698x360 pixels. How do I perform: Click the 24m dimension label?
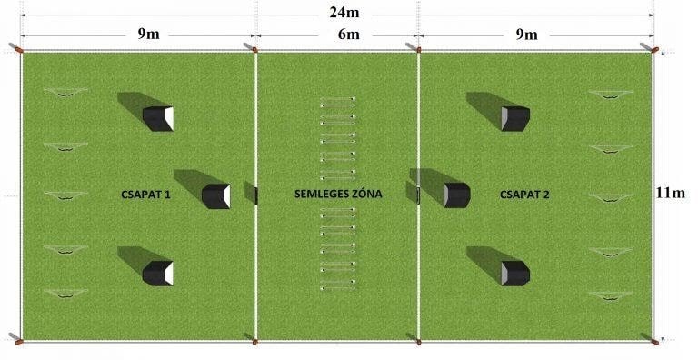[344, 13]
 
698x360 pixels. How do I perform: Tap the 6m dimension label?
[349, 35]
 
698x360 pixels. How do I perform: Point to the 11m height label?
[670, 193]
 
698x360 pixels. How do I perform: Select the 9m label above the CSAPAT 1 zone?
[148, 34]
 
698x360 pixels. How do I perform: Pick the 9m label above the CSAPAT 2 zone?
[526, 35]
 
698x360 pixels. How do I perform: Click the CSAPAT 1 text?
[145, 195]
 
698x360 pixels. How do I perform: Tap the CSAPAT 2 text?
[524, 195]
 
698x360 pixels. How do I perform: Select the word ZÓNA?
[367, 194]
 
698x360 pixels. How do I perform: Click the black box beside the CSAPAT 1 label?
[216, 196]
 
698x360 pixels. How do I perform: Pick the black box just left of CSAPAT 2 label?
[457, 195]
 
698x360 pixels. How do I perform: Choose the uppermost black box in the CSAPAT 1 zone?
[158, 118]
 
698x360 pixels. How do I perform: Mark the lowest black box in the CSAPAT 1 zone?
[158, 273]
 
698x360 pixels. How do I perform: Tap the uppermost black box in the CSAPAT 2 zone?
[515, 118]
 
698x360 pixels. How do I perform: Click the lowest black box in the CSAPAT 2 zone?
[515, 273]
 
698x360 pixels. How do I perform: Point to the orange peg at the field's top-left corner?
[19, 49]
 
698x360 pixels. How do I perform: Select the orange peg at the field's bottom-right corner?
[654, 342]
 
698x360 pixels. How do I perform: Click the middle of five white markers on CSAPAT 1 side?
[65, 195]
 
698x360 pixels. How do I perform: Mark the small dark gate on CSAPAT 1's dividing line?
[256, 195]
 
